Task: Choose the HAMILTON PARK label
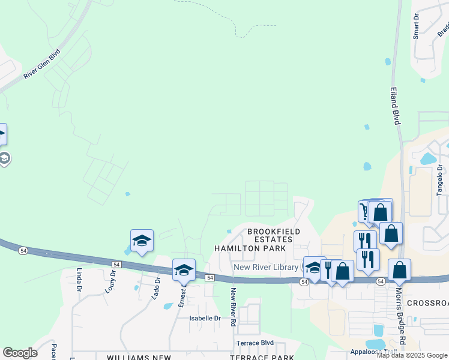(250, 248)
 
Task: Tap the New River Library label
(266, 267)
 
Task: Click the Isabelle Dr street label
(205, 318)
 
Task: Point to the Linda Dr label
(79, 280)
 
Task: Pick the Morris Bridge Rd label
(400, 314)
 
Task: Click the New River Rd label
(233, 307)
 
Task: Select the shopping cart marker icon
(365, 211)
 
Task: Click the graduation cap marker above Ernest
(184, 270)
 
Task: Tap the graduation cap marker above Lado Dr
(142, 241)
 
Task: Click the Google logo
(20, 353)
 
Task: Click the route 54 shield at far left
(23, 250)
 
